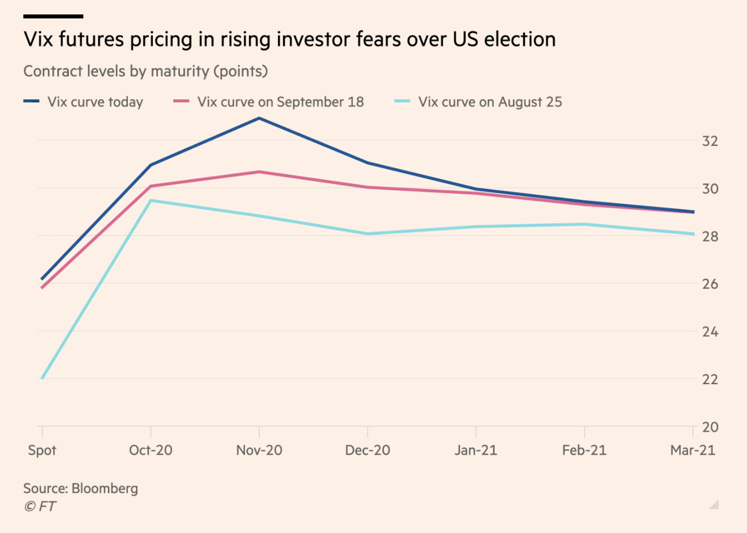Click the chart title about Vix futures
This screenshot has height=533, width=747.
coord(289,39)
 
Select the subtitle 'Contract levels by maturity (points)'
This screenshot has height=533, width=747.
coord(146,71)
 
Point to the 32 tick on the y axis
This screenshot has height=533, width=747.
coord(710,141)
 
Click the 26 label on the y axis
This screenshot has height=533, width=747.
coord(710,284)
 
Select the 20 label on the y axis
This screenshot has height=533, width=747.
coord(710,427)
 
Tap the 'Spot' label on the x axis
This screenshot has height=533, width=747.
coord(42,450)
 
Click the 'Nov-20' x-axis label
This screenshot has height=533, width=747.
coord(259,450)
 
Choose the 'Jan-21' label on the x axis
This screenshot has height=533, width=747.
coord(476,450)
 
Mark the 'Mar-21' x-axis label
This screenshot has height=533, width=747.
coord(693,450)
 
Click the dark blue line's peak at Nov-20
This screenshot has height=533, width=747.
coord(259,118)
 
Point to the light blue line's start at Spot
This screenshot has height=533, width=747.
coord(43,378)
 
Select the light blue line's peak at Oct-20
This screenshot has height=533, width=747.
coord(151,200)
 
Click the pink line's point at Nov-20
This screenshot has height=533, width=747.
coord(259,172)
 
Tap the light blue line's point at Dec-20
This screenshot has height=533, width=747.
coord(367,234)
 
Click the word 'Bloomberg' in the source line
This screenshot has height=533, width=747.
coord(104,489)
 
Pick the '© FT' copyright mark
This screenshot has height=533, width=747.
coord(40,506)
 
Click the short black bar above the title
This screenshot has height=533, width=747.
coord(53,17)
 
